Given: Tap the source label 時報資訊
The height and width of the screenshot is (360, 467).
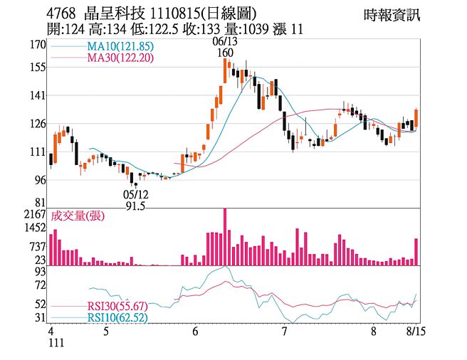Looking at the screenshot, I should click(392, 14).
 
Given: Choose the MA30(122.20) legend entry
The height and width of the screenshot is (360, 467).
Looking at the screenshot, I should click(120, 58).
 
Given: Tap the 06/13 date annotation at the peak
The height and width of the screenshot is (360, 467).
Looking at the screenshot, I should click(225, 42).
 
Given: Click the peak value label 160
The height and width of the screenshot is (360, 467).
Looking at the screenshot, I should click(226, 53).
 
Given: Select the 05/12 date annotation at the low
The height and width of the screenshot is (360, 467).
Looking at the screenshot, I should click(135, 194).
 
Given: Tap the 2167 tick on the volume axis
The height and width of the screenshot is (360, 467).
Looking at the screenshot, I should click(34, 214).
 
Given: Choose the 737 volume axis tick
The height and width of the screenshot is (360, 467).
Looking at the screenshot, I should click(36, 246).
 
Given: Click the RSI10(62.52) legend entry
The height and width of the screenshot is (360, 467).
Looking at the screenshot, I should click(117, 317).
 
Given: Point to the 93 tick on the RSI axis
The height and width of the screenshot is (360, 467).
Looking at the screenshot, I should click(40, 272).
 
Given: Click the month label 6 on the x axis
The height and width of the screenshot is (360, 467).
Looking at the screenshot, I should click(195, 331).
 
